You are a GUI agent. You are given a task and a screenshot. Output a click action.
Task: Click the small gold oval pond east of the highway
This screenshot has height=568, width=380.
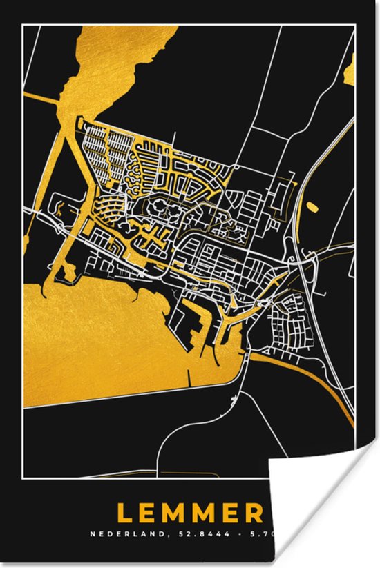tap(312, 206)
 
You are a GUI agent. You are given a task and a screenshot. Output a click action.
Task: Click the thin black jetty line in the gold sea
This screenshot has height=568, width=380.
tap(188, 376)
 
